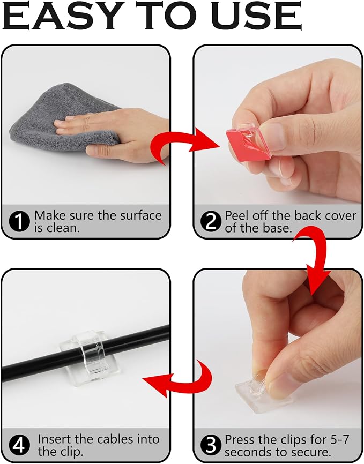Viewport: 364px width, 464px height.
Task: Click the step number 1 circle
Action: (19, 222)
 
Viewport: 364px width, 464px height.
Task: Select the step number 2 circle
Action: (211, 222)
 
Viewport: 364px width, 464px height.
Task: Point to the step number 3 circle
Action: (211, 445)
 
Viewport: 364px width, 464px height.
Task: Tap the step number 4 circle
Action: (19, 445)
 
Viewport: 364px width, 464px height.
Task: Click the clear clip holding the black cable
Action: (90, 357)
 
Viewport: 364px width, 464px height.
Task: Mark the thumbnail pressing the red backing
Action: (270, 136)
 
